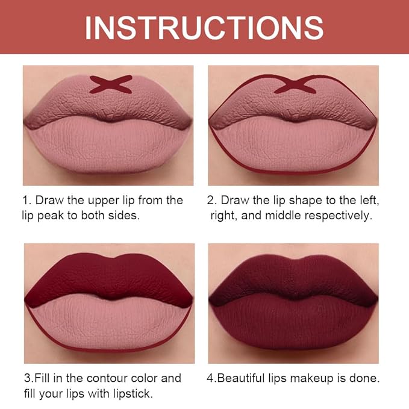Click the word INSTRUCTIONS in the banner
tap(204, 27)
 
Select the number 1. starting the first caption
tap(28, 200)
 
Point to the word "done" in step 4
tap(366, 378)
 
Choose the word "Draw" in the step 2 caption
tap(234, 200)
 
